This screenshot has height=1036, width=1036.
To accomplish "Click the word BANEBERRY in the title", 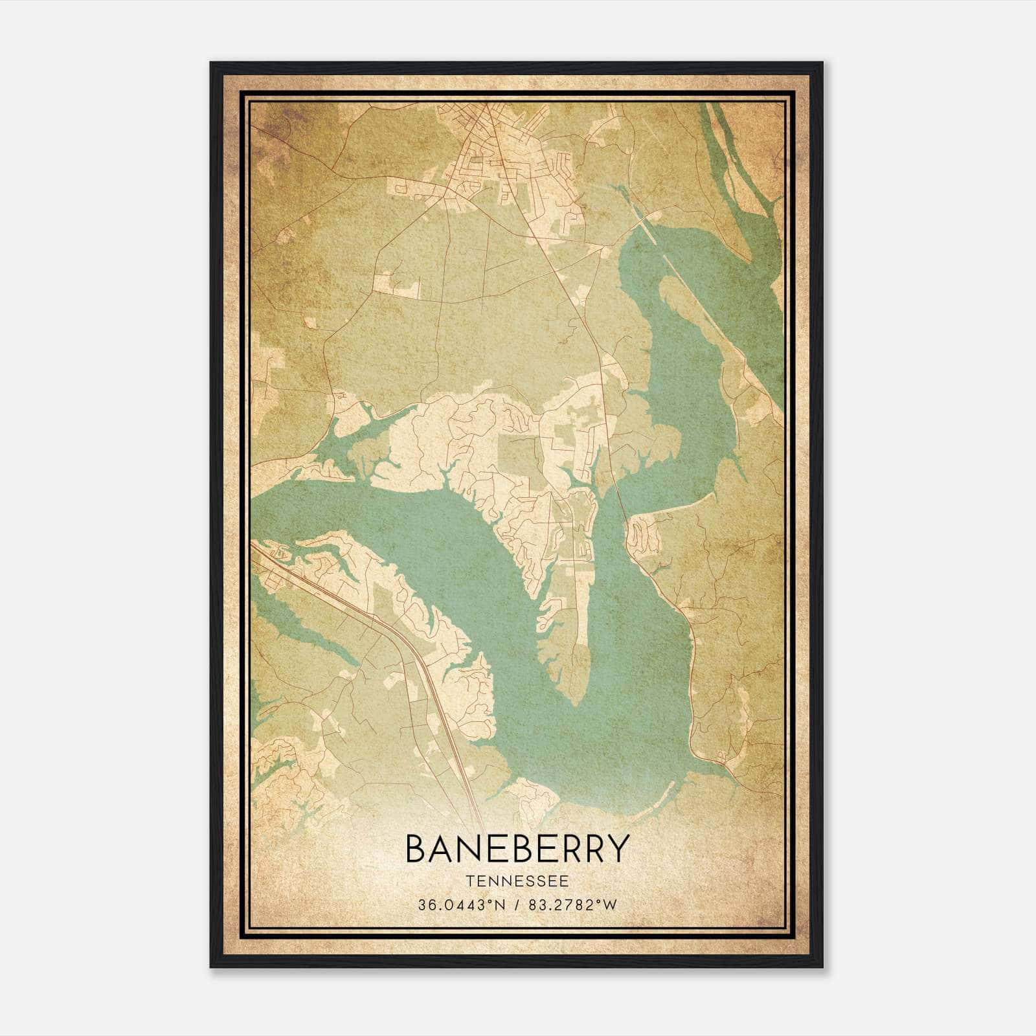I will (517, 848).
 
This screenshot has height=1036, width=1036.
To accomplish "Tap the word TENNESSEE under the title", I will (517, 881).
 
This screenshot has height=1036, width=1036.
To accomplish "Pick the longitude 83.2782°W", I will (572, 905).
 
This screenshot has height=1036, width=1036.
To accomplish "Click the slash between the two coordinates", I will (516, 905).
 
